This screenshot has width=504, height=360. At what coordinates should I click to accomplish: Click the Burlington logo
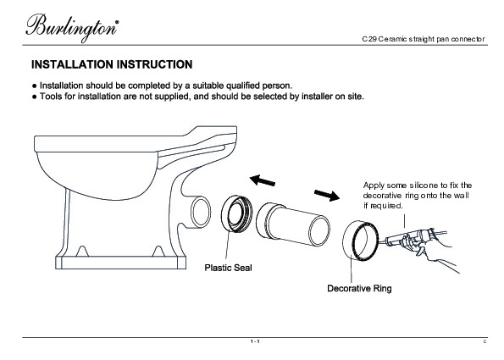pos(72,28)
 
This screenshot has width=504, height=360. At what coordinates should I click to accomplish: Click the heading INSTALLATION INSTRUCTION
pos(112,64)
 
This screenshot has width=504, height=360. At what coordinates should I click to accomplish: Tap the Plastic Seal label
pos(228,268)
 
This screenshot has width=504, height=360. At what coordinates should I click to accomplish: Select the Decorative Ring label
pos(359,288)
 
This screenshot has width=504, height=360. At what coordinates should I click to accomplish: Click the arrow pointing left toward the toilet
pos(263,180)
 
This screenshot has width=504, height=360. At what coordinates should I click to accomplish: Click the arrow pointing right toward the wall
pos(327,195)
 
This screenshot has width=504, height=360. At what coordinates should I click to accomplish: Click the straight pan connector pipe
pos(293,225)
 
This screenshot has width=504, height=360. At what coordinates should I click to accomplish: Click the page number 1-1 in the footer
pos(255,341)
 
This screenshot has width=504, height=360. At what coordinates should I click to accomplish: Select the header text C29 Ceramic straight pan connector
pos(424,39)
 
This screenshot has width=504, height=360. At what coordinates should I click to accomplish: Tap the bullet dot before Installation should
pos(35,86)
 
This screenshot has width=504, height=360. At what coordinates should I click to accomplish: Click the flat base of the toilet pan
pos(121,263)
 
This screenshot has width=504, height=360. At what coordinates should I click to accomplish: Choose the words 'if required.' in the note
pos(383,206)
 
